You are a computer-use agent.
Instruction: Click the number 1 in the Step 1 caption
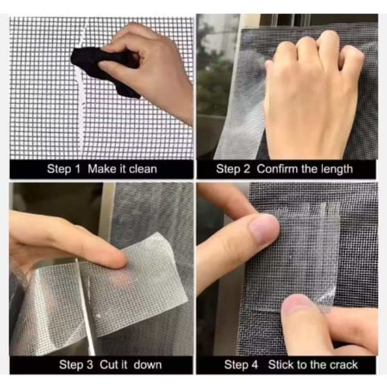click(77, 169)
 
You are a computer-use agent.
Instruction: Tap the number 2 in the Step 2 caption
click(246, 169)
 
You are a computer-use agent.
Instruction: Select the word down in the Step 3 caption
click(147, 365)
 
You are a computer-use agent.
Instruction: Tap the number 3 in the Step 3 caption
click(90, 365)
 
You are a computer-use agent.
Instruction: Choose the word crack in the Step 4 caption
click(342, 365)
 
